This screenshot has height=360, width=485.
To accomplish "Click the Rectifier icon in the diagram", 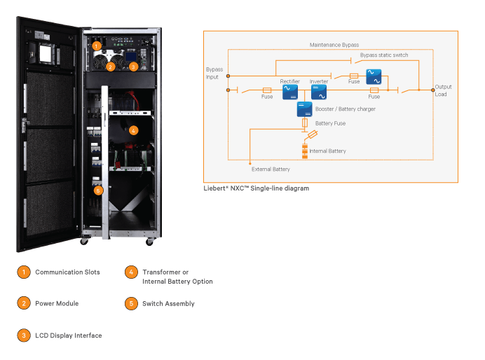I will pyautogui.click(x=289, y=92).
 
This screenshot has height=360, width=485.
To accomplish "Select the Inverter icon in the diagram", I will pyautogui.click(x=319, y=92).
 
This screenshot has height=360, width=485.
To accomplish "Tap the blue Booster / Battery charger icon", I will pyautogui.click(x=304, y=109).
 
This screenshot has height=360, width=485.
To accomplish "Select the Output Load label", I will pyautogui.click(x=443, y=90).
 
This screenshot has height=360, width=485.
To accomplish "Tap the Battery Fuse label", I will pyautogui.click(x=330, y=123).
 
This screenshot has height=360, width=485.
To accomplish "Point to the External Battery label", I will pyautogui.click(x=271, y=169).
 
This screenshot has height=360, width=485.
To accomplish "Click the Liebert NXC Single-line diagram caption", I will pyautogui.click(x=256, y=188).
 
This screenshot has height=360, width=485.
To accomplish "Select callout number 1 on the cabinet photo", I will pyautogui.click(x=97, y=45).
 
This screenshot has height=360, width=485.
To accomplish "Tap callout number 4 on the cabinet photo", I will pyautogui.click(x=134, y=130).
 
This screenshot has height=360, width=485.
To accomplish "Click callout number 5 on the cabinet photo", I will pyautogui.click(x=97, y=189).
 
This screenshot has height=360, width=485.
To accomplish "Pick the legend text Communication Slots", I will pyautogui.click(x=67, y=272).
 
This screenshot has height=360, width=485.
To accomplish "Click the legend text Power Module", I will pyautogui.click(x=57, y=303).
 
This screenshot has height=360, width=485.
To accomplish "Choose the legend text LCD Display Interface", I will pyautogui.click(x=68, y=335).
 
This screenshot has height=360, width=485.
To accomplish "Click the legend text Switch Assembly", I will pyautogui.click(x=168, y=303).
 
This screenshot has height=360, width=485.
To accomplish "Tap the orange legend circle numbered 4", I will pyautogui.click(x=131, y=272).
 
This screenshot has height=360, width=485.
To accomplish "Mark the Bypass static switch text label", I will pyautogui.click(x=384, y=55).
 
